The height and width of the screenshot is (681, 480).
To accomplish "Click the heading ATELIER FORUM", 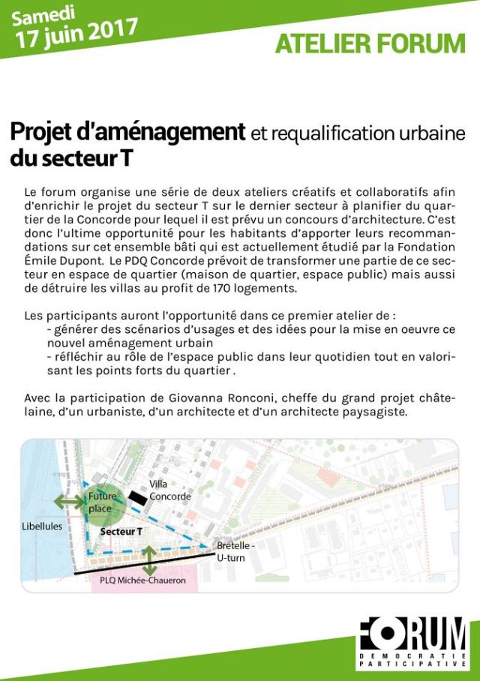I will pyautogui.click(x=370, y=44).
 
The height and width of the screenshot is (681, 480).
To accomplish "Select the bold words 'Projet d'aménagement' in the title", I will pyautogui.click(x=127, y=133).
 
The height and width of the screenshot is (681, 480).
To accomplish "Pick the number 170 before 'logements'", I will pyautogui.click(x=235, y=289).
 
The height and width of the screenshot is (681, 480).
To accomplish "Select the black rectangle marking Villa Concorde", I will pyautogui.click(x=137, y=497).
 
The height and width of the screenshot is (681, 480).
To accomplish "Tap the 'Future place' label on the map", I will pyautogui.click(x=102, y=502).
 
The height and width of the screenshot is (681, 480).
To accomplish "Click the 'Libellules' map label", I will pyautogui.click(x=41, y=526).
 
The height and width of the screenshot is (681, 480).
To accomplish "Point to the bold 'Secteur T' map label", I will pyautogui.click(x=121, y=531).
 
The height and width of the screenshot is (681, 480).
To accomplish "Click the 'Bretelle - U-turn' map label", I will pyautogui.click(x=235, y=551).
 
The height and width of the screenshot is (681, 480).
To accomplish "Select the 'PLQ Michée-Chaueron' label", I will pyautogui.click(x=142, y=580).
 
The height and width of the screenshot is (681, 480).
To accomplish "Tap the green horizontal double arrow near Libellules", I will pyautogui.click(x=70, y=502).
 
